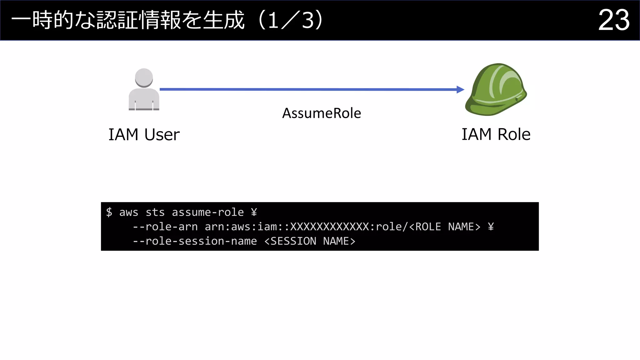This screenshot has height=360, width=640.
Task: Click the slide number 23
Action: [x=613, y=20]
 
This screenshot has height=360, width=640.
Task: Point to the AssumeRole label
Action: [x=322, y=113]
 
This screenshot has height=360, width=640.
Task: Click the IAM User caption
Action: [x=144, y=135]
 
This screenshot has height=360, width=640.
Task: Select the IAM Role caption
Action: [x=496, y=134]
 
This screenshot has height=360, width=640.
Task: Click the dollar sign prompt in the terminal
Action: [x=109, y=212]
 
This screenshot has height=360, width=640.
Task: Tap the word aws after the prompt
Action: [x=128, y=212]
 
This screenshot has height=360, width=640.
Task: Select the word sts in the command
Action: [x=155, y=212]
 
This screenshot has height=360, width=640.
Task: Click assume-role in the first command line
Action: [x=208, y=212]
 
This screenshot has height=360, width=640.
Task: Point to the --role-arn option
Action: [x=165, y=227]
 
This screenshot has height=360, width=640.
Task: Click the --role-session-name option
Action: [x=195, y=241]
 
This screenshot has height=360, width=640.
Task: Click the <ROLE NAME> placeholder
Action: [x=445, y=227]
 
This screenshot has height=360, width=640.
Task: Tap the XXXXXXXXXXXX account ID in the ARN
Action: [x=329, y=227]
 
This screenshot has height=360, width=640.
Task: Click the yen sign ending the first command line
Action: [x=254, y=212]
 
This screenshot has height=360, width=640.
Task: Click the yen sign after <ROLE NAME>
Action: [x=491, y=227]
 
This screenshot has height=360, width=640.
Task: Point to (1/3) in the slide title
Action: [x=291, y=20]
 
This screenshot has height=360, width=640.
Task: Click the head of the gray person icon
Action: [x=144, y=77]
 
